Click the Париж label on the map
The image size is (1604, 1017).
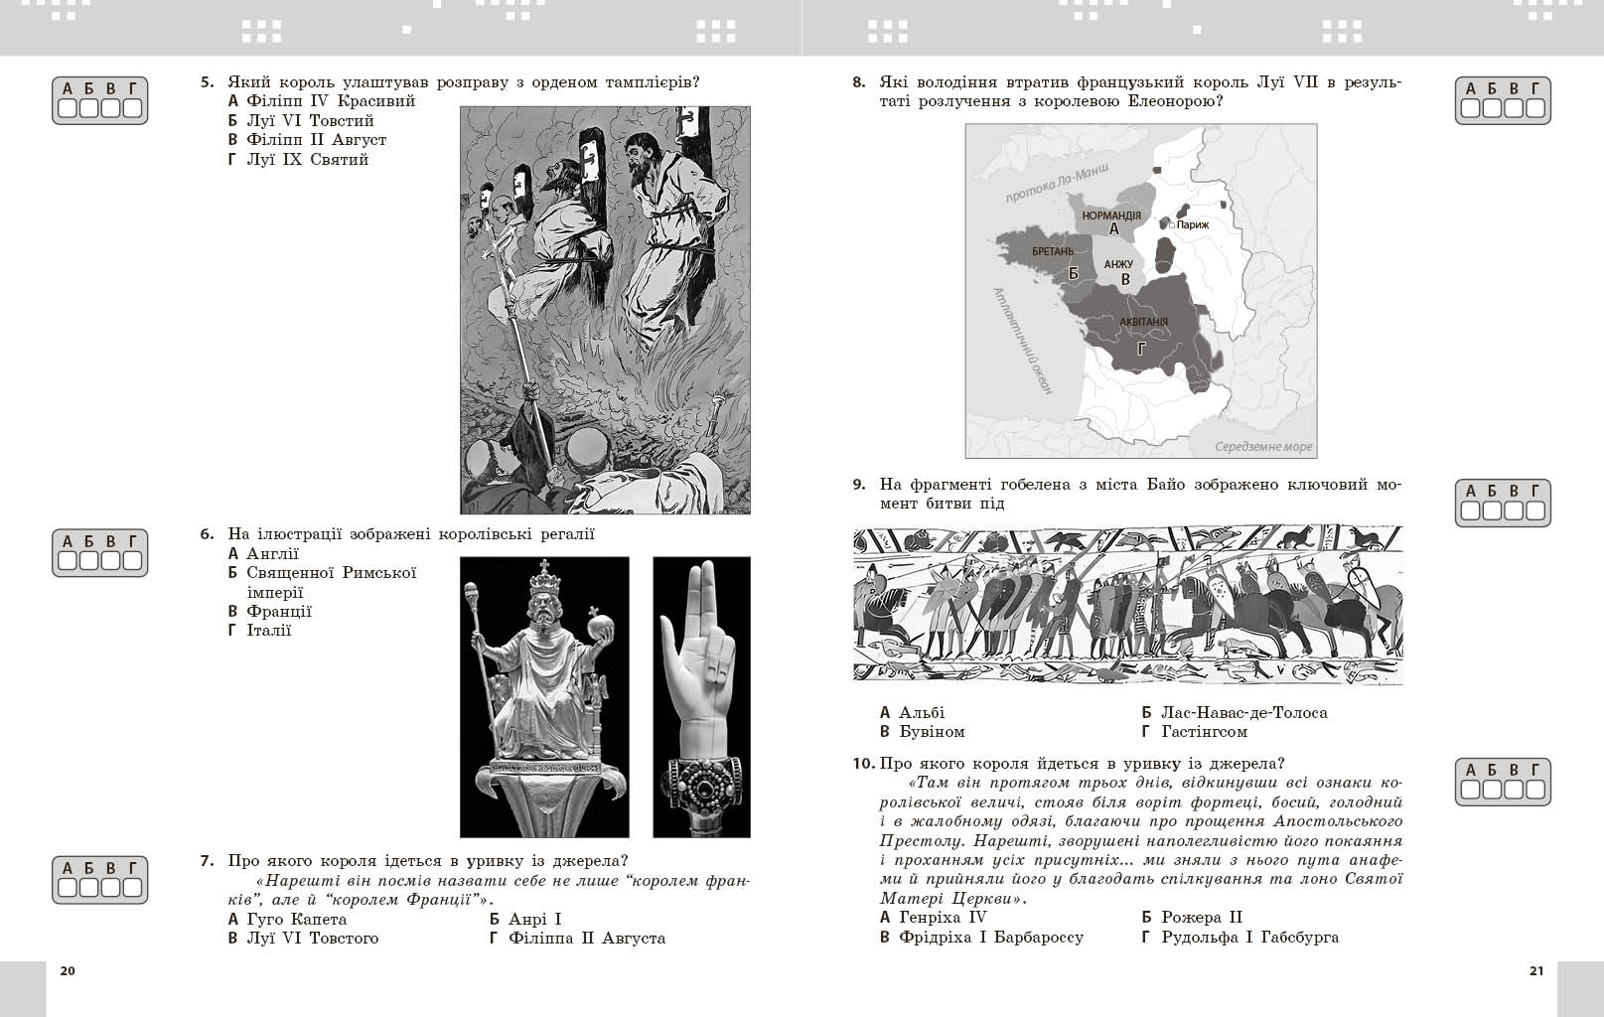click(x=1193, y=224)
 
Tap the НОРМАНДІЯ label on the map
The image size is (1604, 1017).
click(x=1111, y=216)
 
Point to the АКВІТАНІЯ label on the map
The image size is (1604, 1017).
click(x=1143, y=322)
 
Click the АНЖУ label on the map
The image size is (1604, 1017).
click(x=1118, y=264)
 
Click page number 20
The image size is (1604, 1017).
click(x=68, y=970)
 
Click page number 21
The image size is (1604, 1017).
click(x=1535, y=970)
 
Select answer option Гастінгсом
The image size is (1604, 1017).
click(x=1203, y=732)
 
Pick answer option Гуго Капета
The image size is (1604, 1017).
click(x=296, y=919)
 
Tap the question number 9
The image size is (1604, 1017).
click(x=859, y=485)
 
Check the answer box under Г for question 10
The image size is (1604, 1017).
click(x=1535, y=790)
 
